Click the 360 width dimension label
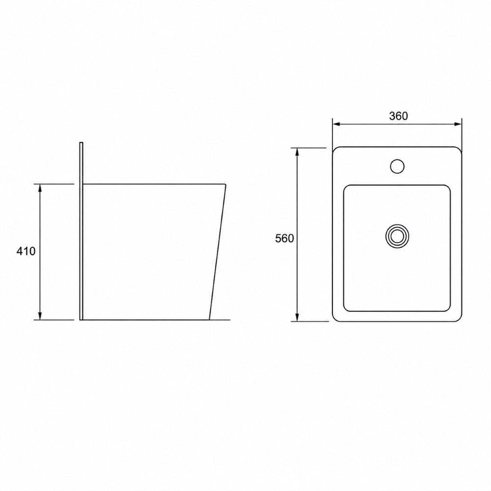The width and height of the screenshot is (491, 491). [x=398, y=116]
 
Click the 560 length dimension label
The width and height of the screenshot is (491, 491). [x=284, y=239]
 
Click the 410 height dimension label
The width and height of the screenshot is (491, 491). [x=26, y=251]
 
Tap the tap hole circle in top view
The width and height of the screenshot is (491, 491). [x=397, y=166]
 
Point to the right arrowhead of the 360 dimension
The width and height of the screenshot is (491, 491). [x=458, y=124]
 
